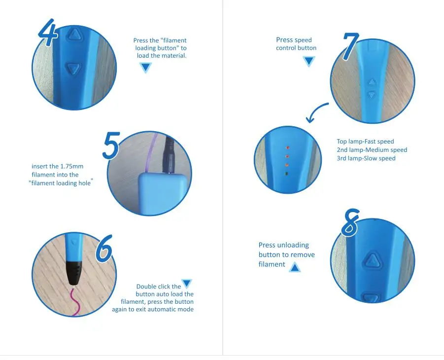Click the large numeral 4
49,32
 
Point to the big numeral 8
350,223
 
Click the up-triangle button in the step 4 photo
74,35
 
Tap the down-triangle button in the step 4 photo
73,69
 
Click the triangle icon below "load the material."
146,68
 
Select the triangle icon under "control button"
308,61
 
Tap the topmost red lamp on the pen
288,147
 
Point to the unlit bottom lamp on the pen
287,174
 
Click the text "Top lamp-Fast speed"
365,142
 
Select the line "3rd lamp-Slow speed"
366,158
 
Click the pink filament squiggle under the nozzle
75,301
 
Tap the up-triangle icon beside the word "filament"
295,267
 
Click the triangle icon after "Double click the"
187,284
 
